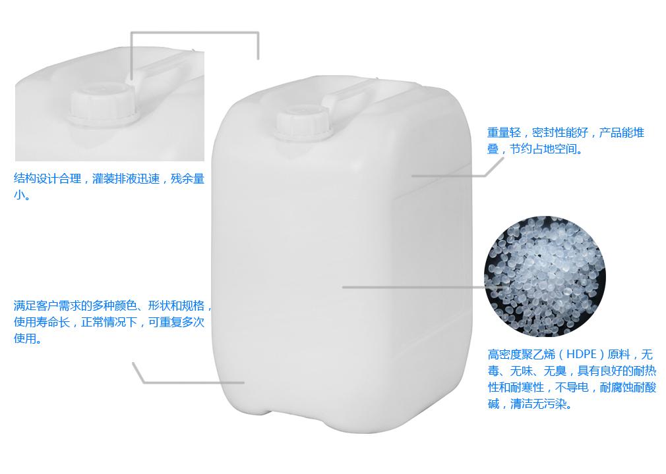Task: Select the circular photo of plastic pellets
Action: click(x=545, y=276)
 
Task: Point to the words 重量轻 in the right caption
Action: click(x=504, y=133)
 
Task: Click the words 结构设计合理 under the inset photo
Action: click(x=47, y=178)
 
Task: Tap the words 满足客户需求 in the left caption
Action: click(x=47, y=305)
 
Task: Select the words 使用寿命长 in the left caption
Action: click(x=42, y=322)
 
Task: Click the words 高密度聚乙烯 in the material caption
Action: click(x=521, y=354)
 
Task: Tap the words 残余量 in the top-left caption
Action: click(x=188, y=178)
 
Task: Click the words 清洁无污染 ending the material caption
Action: click(x=538, y=404)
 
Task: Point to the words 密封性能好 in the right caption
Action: click(x=560, y=133)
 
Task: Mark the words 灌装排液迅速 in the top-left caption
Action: click(x=126, y=178)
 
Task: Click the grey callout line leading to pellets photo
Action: click(x=423, y=287)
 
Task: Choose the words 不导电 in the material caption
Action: click(x=572, y=387)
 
